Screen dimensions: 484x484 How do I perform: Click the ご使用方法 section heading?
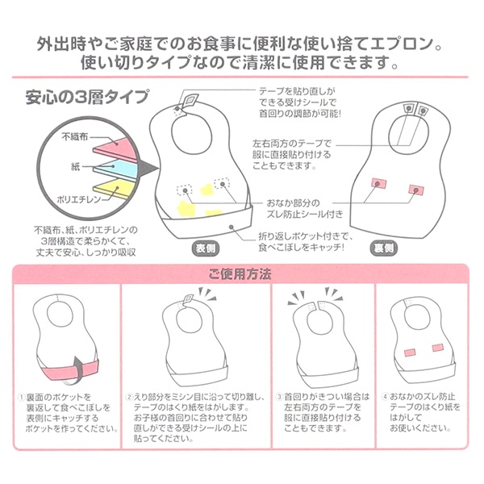(x=241, y=273)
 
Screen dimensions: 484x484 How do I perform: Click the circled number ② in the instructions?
(x=128, y=397)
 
